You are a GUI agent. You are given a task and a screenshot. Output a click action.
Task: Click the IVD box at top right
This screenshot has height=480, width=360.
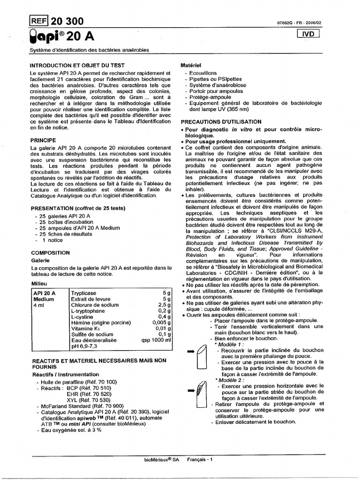308,34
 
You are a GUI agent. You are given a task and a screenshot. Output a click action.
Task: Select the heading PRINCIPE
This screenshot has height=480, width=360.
43,140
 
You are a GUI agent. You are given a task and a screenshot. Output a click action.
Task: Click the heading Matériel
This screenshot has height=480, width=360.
191,66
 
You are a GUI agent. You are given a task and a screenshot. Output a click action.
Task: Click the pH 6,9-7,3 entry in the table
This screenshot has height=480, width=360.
84,346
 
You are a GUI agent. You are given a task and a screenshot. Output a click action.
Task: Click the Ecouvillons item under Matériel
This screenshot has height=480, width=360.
203,74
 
